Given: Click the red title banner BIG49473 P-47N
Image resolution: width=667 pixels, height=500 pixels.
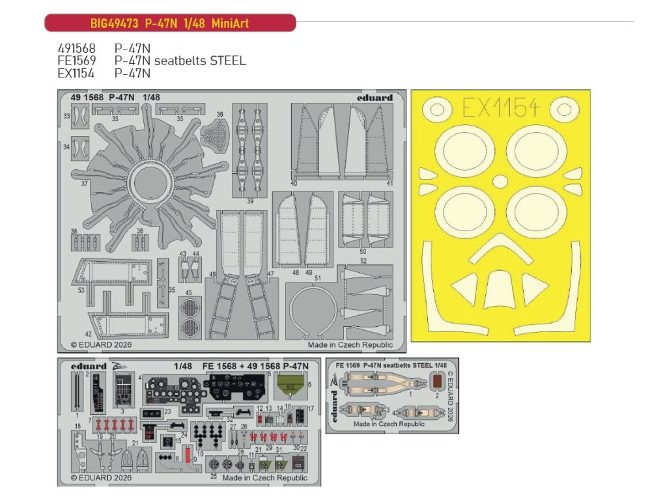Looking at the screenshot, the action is pyautogui.click(x=169, y=23).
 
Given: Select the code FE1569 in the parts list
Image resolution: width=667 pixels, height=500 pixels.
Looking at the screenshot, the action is pyautogui.click(x=76, y=61).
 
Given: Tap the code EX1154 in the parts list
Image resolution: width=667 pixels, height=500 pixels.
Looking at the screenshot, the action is pyautogui.click(x=76, y=73).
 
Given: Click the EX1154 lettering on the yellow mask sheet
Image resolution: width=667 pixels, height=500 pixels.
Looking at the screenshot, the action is pyautogui.click(x=500, y=108).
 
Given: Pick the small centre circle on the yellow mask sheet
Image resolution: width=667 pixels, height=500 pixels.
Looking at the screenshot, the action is pyautogui.click(x=500, y=180).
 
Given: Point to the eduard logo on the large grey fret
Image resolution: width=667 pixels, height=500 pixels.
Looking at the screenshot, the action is pyautogui.click(x=375, y=98).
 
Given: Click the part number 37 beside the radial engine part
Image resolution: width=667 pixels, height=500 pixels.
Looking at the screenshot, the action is pyautogui.click(x=84, y=184).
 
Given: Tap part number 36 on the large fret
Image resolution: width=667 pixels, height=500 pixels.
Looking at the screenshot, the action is pyautogui.click(x=220, y=115).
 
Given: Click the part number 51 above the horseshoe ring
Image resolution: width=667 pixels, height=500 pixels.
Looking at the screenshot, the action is pyautogui.click(x=318, y=277).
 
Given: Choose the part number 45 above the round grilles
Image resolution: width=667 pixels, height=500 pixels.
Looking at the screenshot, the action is pyautogui.click(x=188, y=292).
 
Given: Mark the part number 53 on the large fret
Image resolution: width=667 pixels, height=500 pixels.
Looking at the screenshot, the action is pyautogui.click(x=81, y=290).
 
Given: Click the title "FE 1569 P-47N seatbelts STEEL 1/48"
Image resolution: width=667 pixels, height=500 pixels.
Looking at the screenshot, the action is pyautogui.click(x=392, y=365).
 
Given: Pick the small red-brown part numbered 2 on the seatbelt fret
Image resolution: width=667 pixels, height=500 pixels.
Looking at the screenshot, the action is pyautogui.click(x=438, y=382).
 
